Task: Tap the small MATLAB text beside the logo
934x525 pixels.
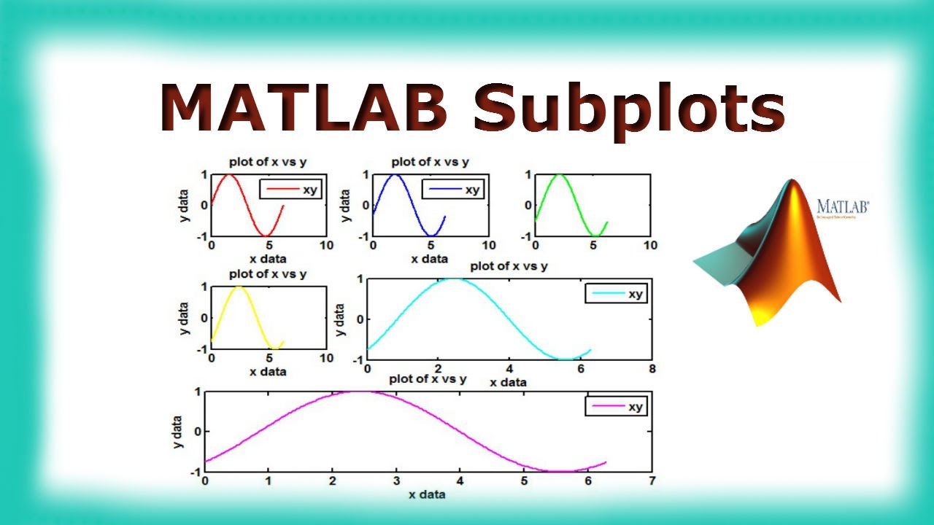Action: point(843,206)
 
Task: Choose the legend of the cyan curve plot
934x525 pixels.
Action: point(617,294)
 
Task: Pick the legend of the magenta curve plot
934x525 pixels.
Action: point(617,407)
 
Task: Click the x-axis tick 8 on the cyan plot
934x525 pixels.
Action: point(652,369)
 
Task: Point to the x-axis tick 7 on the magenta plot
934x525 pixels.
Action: point(652,481)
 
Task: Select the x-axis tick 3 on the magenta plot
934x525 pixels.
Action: point(396,481)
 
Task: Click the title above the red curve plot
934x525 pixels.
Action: point(268,162)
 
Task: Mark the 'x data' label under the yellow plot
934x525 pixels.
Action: point(268,371)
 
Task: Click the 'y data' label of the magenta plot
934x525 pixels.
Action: point(177,431)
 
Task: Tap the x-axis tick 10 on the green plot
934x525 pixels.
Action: point(649,245)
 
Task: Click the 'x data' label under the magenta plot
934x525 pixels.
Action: point(427,494)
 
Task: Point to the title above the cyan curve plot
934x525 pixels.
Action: point(509,266)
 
